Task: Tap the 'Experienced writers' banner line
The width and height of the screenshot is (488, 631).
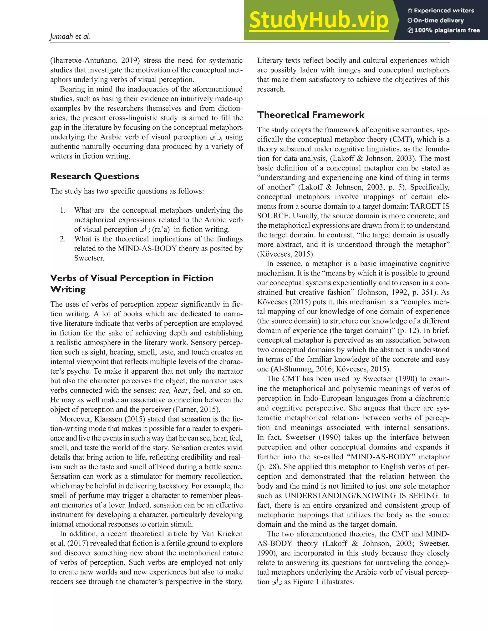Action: coord(441,11)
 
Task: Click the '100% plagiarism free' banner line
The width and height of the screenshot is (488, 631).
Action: coord(443,30)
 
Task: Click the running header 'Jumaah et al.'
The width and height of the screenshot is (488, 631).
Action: coord(70,37)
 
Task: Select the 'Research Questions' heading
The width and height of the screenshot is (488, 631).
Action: coord(95,176)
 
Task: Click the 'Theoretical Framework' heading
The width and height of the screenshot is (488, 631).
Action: coord(311,115)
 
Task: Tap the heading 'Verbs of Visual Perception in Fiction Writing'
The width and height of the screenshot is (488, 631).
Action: coord(132,283)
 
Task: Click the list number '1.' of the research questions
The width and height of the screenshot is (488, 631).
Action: coord(63,210)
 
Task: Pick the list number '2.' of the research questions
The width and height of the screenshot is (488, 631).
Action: coord(63,239)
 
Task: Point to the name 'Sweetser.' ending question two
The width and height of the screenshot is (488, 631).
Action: coord(89,258)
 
